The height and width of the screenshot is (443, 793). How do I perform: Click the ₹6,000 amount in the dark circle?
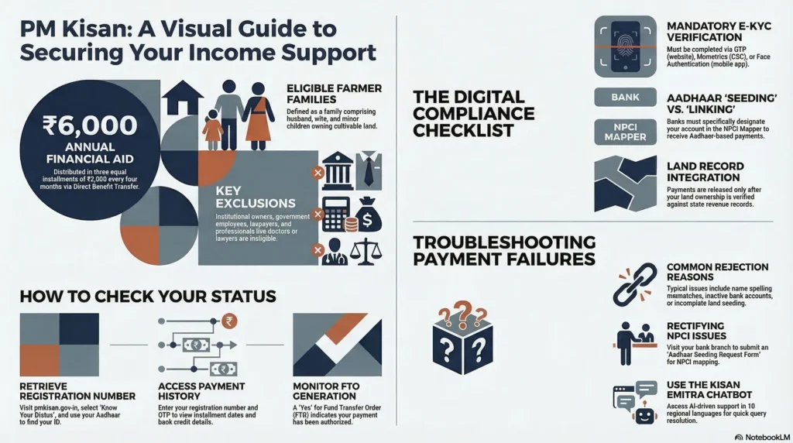(90, 125)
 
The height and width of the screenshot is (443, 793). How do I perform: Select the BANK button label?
(625, 97)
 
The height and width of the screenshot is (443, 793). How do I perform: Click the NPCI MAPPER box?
(625, 132)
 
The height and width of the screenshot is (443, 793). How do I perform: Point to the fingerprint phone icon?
(625, 46)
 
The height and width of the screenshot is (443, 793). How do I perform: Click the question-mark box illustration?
(463, 338)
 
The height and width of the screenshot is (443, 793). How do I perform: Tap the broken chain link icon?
(634, 284)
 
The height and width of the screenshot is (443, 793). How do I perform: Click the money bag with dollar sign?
(368, 215)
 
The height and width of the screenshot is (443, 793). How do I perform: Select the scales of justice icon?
(366, 252)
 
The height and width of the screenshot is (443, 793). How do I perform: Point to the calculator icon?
(336, 214)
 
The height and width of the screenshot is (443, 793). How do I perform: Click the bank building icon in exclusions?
(338, 170)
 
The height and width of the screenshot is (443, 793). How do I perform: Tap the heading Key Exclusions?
(256, 197)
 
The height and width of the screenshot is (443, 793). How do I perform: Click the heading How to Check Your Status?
(148, 297)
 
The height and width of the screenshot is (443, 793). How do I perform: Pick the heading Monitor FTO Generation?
(325, 391)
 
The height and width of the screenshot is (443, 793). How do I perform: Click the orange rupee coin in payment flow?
(229, 321)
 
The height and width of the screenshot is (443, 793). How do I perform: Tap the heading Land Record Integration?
(705, 172)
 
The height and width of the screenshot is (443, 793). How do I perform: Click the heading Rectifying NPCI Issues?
(696, 331)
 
